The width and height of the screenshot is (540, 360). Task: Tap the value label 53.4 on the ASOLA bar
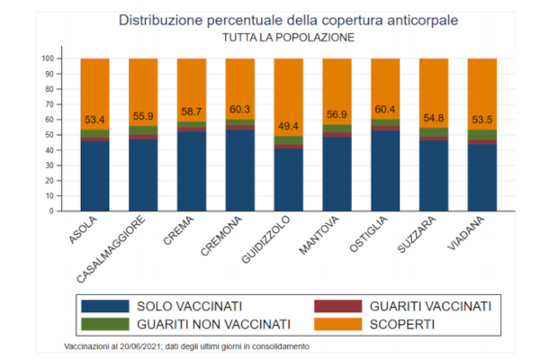pyautogui.click(x=94, y=119)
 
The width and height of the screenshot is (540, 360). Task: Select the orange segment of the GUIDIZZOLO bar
pyautogui.click(x=288, y=90)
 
